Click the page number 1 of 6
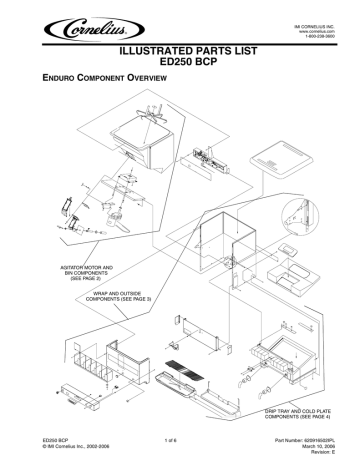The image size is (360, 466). [x=180, y=438]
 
